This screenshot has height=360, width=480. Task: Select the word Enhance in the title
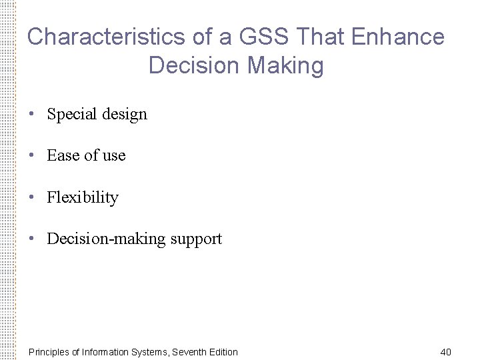[x=397, y=37]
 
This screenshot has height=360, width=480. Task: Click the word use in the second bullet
[x=113, y=156]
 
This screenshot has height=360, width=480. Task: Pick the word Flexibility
[x=83, y=197]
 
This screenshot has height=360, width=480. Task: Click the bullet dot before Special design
[x=31, y=114]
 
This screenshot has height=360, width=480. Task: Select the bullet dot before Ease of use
[x=31, y=155]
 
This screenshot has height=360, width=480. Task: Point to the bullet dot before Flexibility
[x=31, y=197]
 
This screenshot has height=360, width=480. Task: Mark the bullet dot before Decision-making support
[x=31, y=239]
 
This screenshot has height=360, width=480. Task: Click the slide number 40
[x=446, y=351]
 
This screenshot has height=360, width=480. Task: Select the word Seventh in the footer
[x=189, y=352]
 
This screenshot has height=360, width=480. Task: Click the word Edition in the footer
[x=223, y=352]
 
